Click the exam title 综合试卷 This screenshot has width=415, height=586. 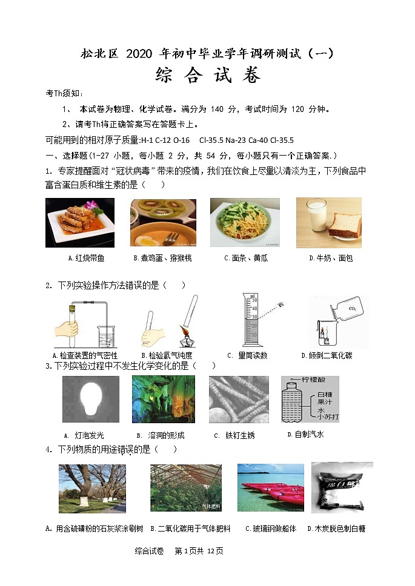pyautogui.click(x=208, y=76)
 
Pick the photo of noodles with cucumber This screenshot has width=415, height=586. pyautogui.click(x=245, y=222)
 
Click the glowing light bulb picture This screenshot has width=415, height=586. pyautogui.click(x=91, y=399)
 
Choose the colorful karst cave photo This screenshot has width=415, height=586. pyautogui.click(x=163, y=399)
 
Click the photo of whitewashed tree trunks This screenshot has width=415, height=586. pyautogui.click(x=92, y=489)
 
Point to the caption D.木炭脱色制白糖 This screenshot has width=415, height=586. pyautogui.click(x=336, y=528)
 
